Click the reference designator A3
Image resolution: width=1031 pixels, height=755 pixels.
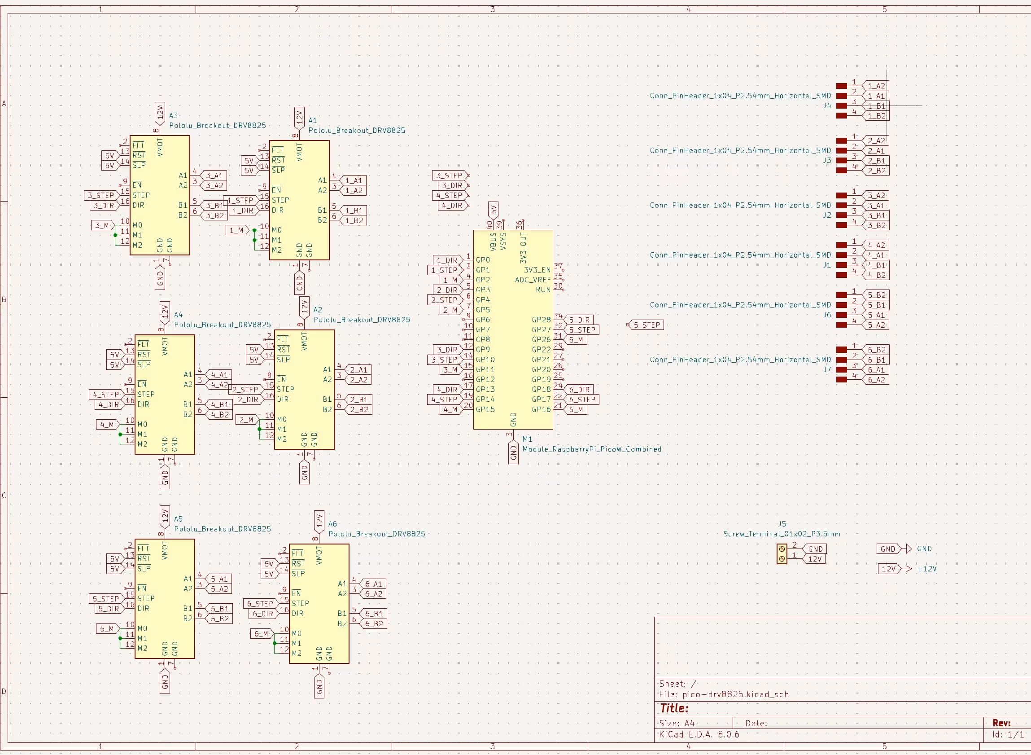173,116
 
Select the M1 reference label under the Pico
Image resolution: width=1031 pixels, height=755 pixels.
527,439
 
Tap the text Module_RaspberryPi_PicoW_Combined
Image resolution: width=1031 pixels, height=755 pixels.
592,449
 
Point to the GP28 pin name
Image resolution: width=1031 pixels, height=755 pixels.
541,320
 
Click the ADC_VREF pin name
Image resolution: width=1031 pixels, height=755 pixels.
532,280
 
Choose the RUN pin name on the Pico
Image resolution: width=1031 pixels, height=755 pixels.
543,290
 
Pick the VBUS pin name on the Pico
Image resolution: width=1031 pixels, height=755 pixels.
493,241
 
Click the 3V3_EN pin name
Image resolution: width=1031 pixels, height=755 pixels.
537,270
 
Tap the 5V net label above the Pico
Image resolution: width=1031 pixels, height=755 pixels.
493,210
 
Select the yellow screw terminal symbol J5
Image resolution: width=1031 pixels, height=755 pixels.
782,554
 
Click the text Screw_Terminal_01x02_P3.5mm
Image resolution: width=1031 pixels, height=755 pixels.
782,534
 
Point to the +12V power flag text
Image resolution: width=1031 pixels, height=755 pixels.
926,569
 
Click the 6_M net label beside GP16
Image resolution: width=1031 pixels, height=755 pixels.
576,409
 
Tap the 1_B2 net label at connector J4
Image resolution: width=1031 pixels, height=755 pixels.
876,116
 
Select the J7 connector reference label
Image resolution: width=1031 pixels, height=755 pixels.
827,369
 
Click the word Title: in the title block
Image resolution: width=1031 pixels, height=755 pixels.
674,708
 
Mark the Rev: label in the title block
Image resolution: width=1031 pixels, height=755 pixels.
1001,723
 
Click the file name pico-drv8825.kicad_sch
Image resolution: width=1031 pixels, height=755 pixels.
735,694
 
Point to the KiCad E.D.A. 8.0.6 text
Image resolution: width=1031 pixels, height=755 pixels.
699,734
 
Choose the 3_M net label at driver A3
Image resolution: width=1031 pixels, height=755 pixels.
102,225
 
